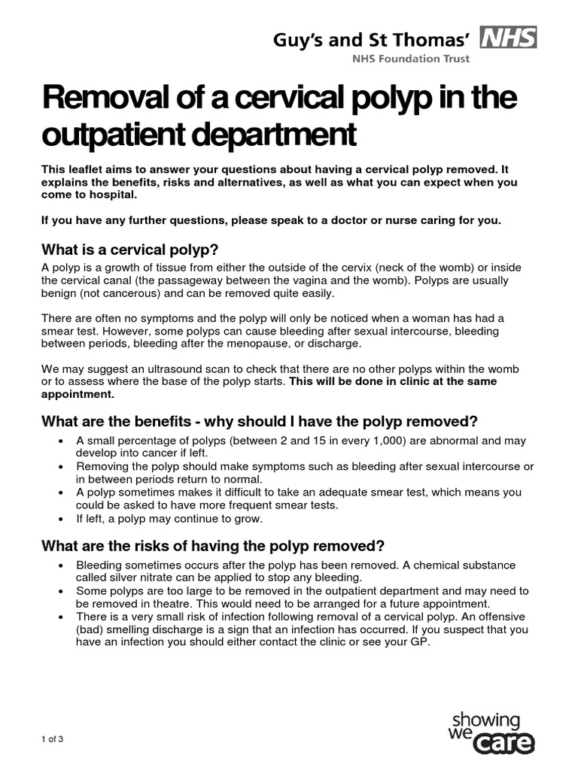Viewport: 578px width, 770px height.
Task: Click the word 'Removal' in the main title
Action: tap(96, 99)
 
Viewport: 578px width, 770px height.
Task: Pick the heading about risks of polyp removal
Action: tap(214, 545)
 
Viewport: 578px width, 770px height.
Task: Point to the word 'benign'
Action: tap(59, 293)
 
